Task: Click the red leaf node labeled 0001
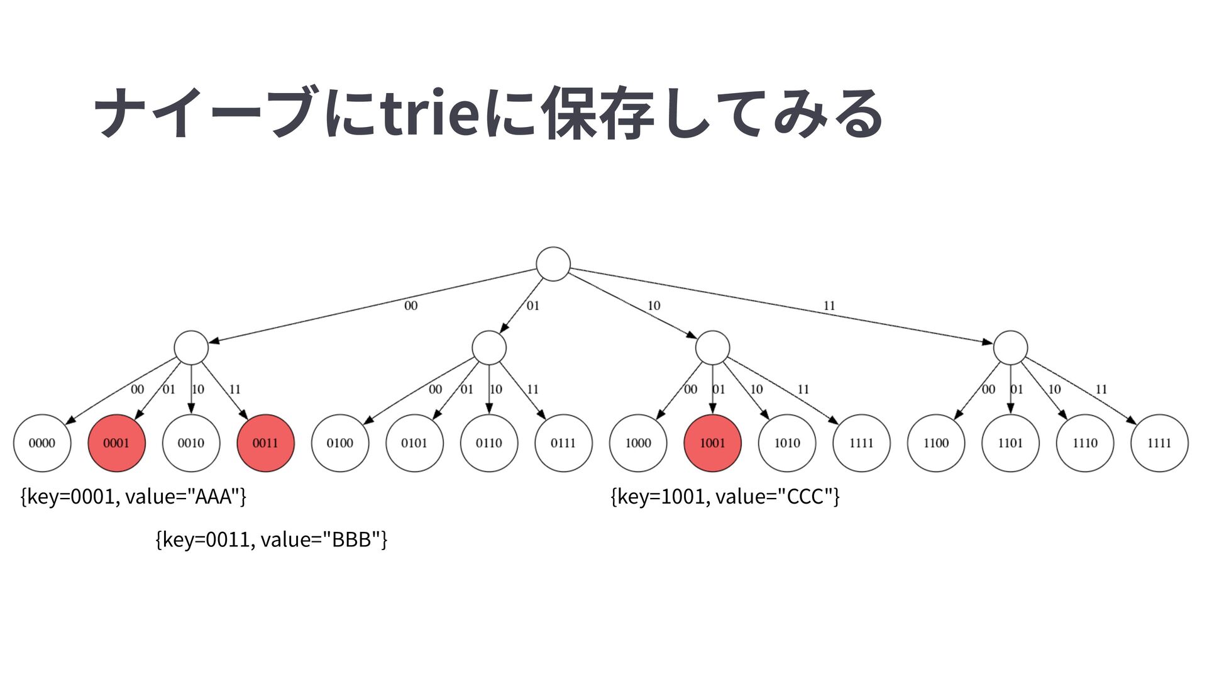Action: click(116, 443)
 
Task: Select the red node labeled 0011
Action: click(265, 443)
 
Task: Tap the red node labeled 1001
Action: click(712, 443)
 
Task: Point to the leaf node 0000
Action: click(42, 443)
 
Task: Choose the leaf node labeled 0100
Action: click(340, 443)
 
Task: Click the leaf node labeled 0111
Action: click(563, 443)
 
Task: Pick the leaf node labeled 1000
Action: click(638, 443)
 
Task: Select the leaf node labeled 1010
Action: click(787, 443)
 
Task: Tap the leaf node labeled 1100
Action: click(936, 443)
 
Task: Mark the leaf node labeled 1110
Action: click(1085, 443)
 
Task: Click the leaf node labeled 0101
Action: click(414, 443)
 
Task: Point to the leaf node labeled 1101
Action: click(1010, 443)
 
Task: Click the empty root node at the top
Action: click(553, 264)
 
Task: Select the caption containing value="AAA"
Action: click(133, 497)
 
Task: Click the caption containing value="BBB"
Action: click(271, 539)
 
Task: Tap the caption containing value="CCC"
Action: click(725, 497)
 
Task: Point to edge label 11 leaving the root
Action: click(829, 306)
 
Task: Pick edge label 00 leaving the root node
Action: click(411, 306)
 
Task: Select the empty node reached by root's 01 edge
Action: click(489, 348)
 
